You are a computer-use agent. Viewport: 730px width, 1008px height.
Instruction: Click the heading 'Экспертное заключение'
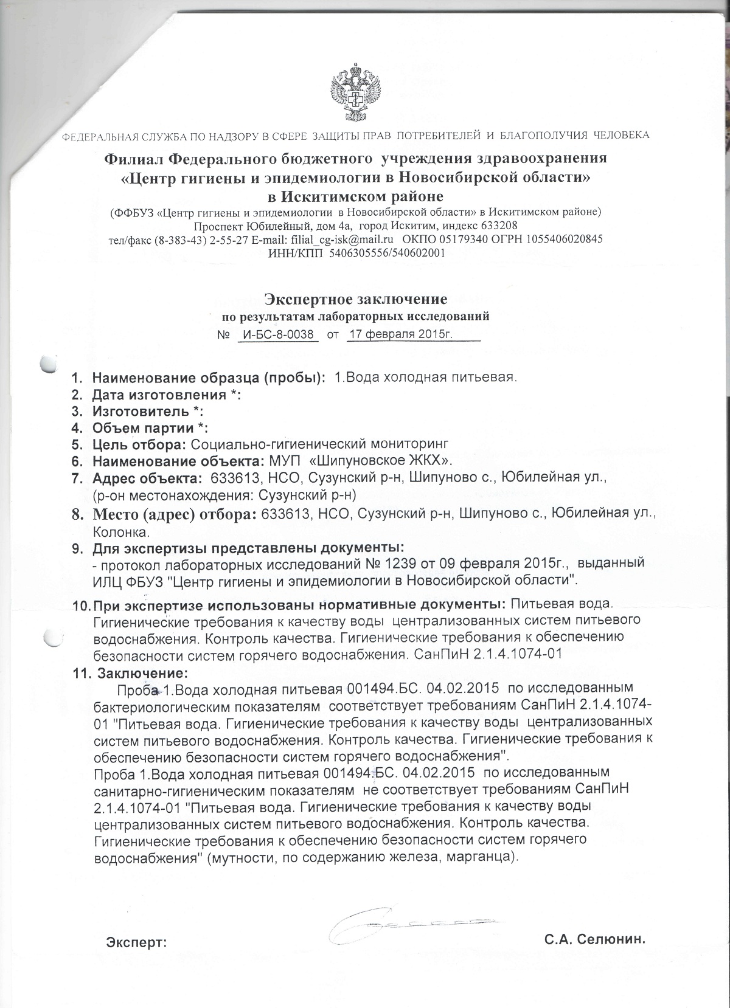click(x=355, y=299)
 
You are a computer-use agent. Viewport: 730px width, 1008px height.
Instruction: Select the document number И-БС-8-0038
click(x=278, y=334)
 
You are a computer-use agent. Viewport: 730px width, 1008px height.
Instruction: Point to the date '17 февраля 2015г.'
click(x=401, y=334)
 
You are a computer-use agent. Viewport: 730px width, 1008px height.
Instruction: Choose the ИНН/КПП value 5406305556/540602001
click(x=387, y=252)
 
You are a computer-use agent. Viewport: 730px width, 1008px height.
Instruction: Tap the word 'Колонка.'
click(x=120, y=533)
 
